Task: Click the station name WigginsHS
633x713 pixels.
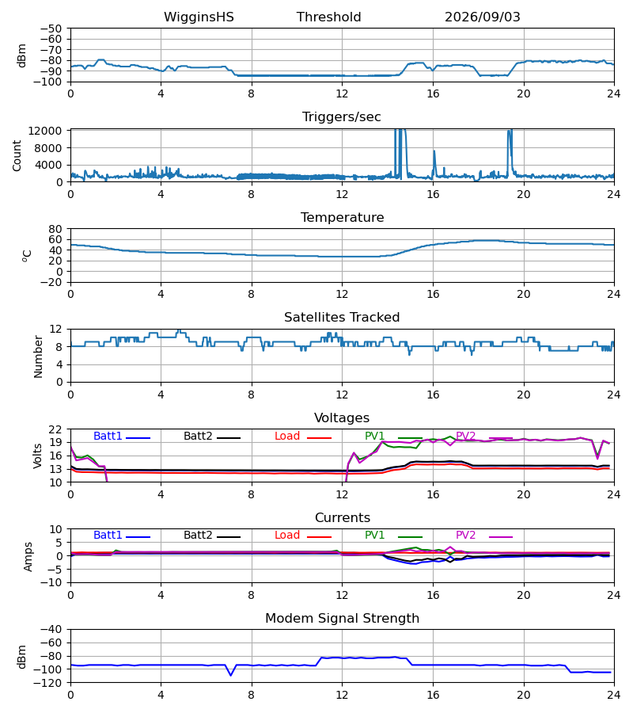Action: [x=199, y=17]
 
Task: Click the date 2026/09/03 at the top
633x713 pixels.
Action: [x=482, y=17]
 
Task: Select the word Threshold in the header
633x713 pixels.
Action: [x=328, y=17]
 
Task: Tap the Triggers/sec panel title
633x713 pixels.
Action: [x=342, y=117]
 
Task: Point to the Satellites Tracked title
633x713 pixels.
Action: [x=342, y=317]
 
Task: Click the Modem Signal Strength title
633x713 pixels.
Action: [x=342, y=618]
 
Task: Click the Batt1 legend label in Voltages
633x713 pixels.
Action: [x=108, y=436]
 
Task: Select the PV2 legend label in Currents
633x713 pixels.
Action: [x=465, y=535]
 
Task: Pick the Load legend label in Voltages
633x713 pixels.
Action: [x=287, y=436]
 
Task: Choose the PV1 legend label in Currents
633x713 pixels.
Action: [x=374, y=535]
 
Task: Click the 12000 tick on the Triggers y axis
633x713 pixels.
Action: [x=44, y=131]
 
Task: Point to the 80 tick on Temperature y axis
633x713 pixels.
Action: [x=55, y=229]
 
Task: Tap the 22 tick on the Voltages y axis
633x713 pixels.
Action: [x=55, y=429]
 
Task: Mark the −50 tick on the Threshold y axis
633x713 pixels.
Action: [x=51, y=29]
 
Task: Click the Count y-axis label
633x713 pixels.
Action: [x=17, y=155]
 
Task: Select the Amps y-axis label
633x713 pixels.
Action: [x=28, y=556]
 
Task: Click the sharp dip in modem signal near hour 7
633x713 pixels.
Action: [x=231, y=675]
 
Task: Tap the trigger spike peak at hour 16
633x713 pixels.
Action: [x=434, y=151]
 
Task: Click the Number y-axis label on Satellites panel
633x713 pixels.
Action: [x=38, y=356]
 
